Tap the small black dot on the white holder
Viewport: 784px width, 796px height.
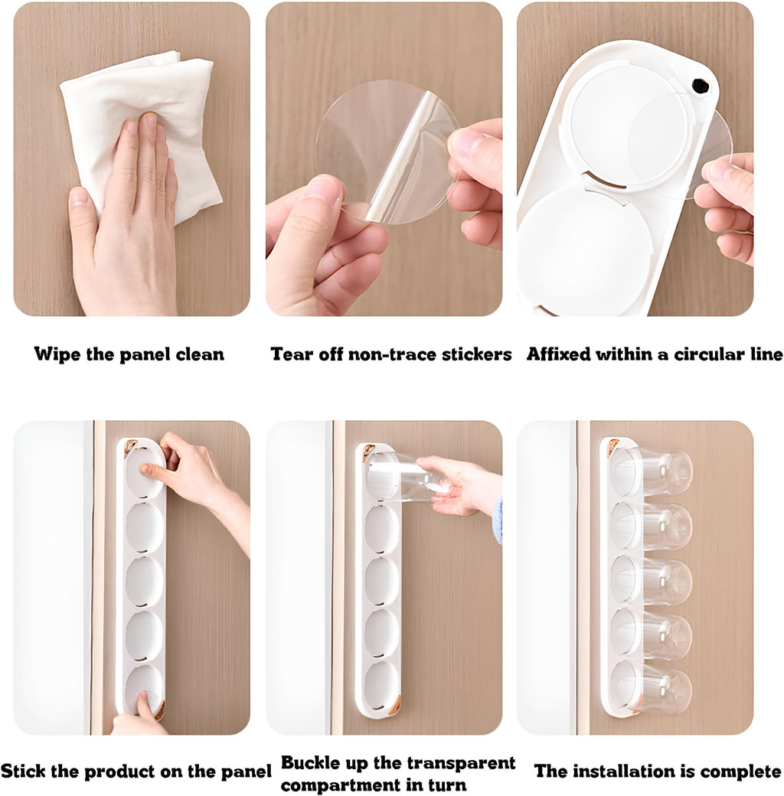coord(701,86)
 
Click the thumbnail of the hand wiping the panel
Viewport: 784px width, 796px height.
coord(132,159)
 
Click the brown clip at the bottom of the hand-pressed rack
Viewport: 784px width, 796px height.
coord(160,710)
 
